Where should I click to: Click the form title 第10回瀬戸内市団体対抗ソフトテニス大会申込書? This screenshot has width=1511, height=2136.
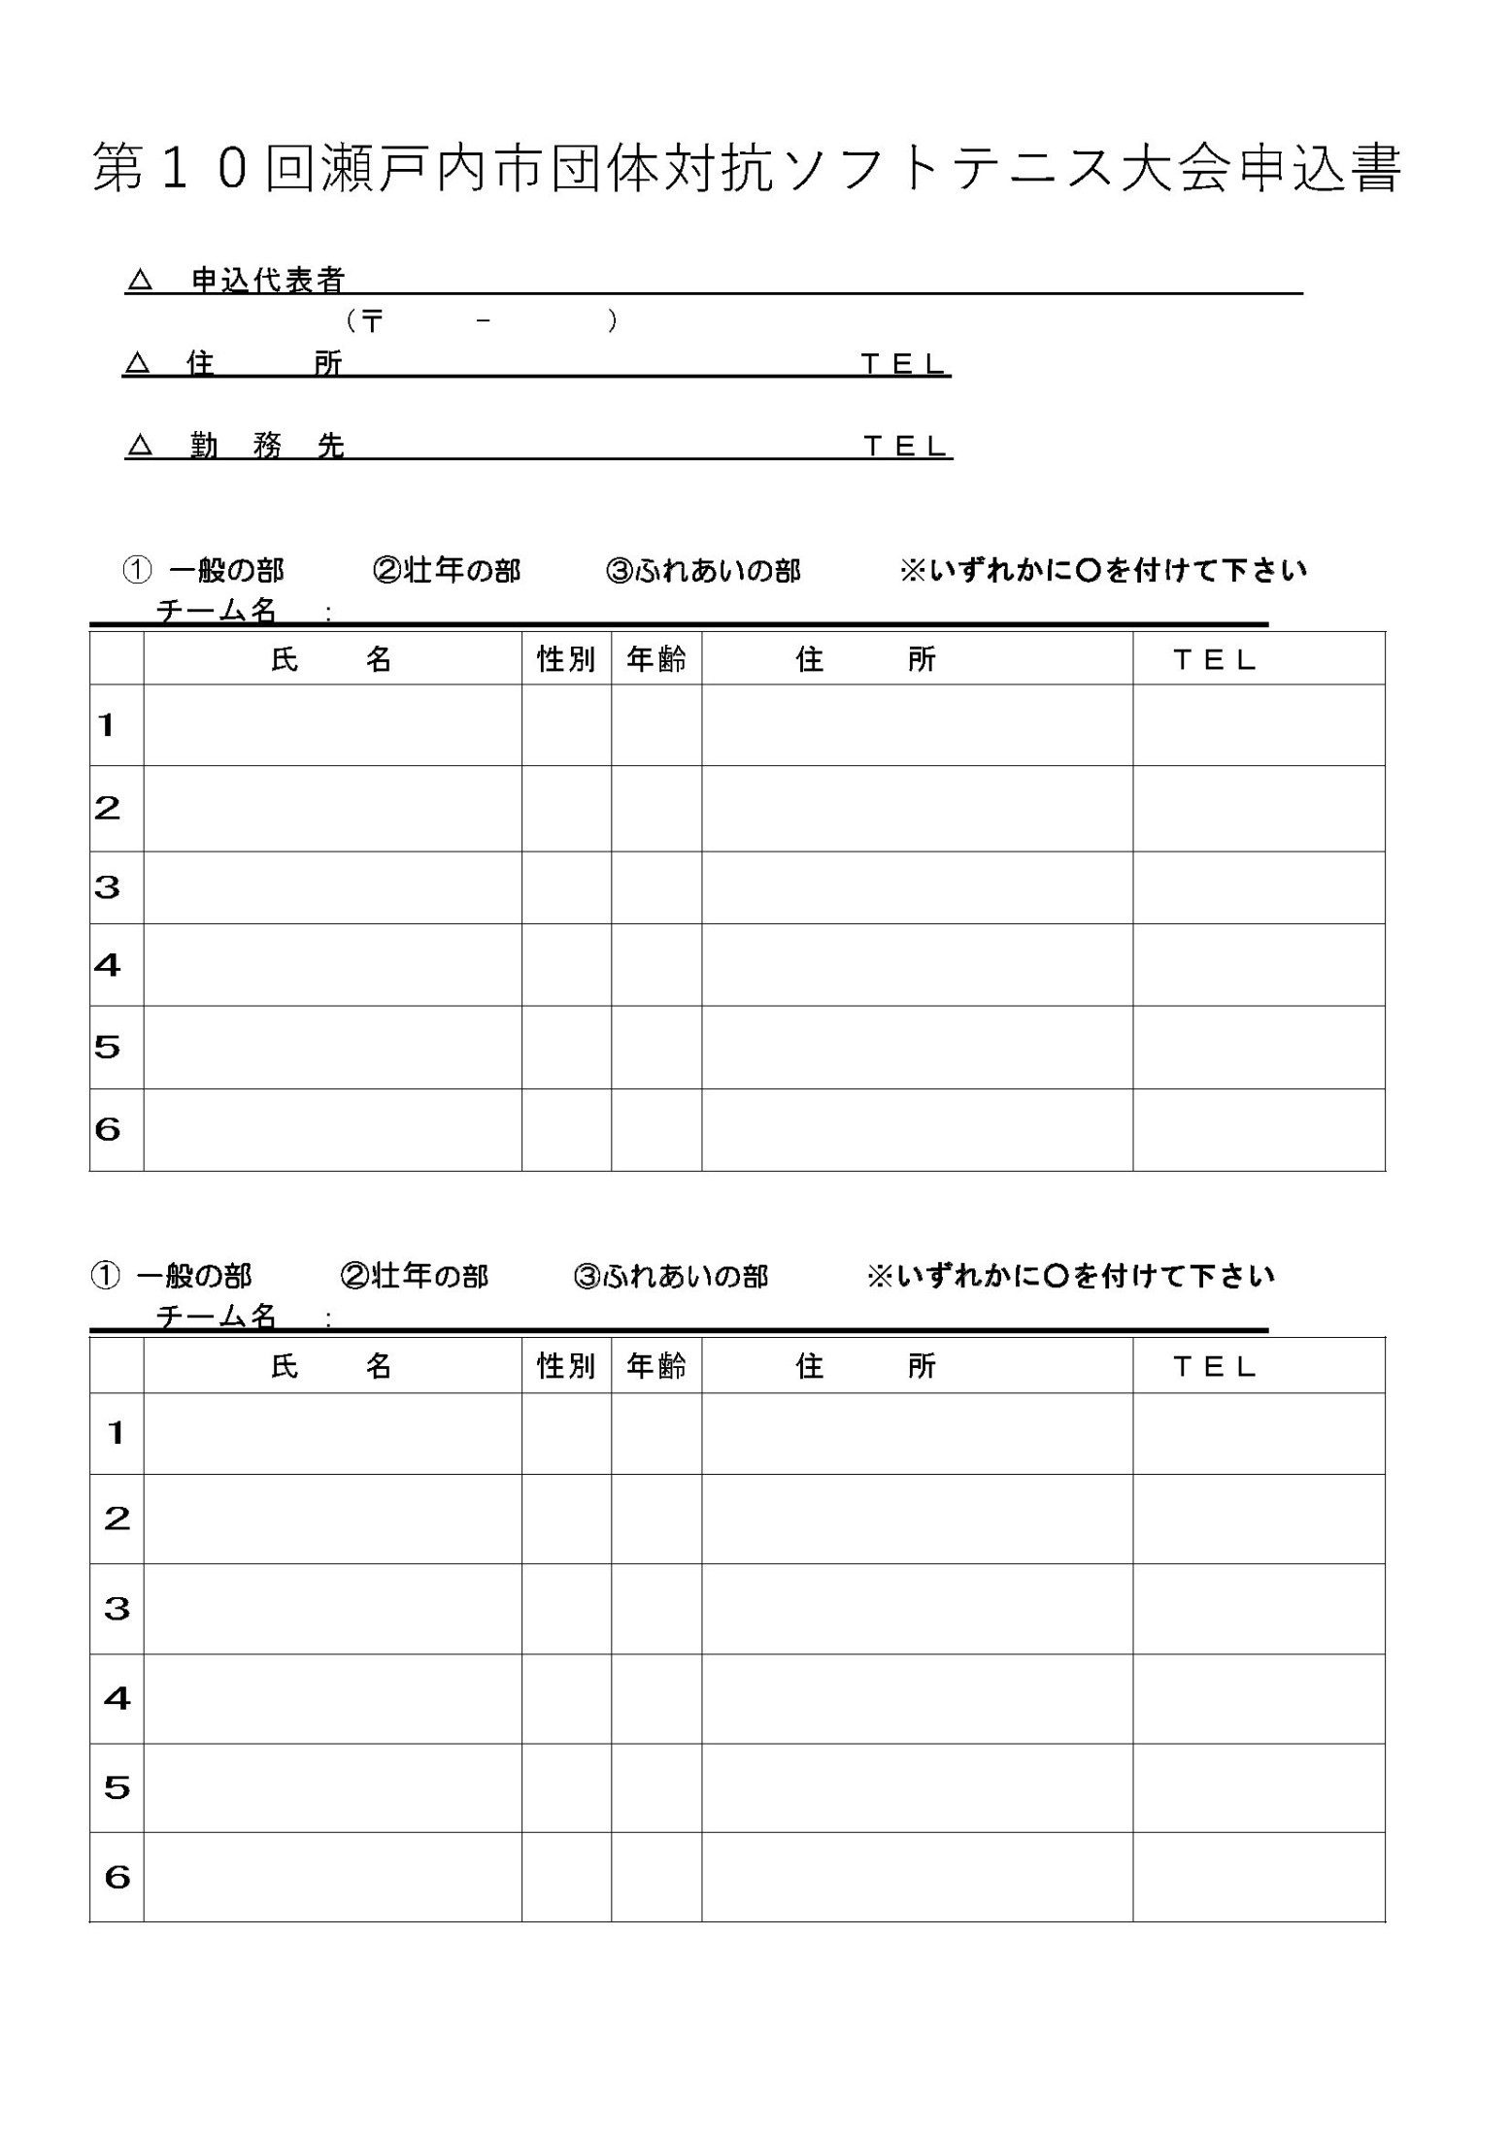[746, 169]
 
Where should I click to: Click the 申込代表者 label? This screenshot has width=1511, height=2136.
[268, 281]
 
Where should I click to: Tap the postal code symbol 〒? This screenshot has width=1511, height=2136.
[372, 320]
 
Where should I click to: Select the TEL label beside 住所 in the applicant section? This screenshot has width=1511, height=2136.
[903, 364]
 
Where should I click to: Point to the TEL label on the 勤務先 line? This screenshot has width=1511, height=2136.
[905, 446]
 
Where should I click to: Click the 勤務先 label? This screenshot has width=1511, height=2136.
[267, 446]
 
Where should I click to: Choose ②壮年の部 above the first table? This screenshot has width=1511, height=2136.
[447, 570]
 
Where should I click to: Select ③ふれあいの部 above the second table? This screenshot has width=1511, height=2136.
[671, 1276]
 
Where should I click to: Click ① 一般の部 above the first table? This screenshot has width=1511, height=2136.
[204, 570]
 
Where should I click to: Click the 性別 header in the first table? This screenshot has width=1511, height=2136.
[566, 659]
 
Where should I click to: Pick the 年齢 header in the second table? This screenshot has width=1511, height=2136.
[656, 1366]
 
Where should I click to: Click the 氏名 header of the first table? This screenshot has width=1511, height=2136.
[331, 659]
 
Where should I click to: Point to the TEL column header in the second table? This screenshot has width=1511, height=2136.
[1215, 1366]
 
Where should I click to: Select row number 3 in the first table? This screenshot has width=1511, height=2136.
[108, 886]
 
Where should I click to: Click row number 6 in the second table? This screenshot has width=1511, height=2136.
[117, 1877]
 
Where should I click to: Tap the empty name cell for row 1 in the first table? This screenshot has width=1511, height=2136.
[332, 724]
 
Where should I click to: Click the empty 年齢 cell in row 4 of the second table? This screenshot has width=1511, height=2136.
[656, 1698]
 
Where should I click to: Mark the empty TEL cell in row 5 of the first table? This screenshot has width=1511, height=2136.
[1259, 1047]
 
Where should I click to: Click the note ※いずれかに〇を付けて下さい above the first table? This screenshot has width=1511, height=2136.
[1103, 570]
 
